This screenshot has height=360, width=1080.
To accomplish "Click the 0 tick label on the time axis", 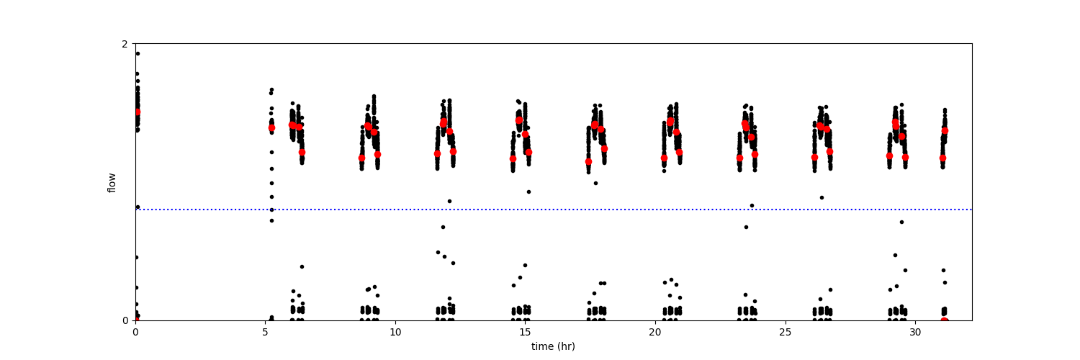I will click(135, 333).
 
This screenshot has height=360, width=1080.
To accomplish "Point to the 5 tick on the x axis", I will click(265, 333).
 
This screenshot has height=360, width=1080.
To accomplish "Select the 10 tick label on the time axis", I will click(395, 333).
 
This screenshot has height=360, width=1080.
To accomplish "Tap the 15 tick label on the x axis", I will click(525, 333).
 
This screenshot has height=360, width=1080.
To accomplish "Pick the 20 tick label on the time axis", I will click(655, 333).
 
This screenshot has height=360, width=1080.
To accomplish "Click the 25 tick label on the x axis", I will click(786, 333).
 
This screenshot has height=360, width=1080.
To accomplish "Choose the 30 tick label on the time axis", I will click(915, 333).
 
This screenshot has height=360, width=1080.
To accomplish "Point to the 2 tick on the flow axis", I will click(125, 44).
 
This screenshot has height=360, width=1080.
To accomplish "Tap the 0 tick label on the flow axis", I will click(125, 320).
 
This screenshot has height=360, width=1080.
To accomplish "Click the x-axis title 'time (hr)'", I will click(553, 346).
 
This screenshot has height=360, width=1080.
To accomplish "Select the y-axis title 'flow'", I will click(112, 182).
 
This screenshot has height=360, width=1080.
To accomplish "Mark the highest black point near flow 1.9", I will click(138, 53).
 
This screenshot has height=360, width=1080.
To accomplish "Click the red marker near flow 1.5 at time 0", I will click(137, 112).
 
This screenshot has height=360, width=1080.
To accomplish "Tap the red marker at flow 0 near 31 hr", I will click(945, 320).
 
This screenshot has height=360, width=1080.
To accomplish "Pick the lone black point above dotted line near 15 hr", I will click(528, 192).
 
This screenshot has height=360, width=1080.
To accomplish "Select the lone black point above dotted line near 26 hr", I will click(822, 197).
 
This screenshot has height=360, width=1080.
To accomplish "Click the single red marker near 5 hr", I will click(271, 127).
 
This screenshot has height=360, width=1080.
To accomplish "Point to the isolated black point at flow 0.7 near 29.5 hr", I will click(901, 222).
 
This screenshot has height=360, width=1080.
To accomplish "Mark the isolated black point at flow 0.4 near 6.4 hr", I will click(302, 266).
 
